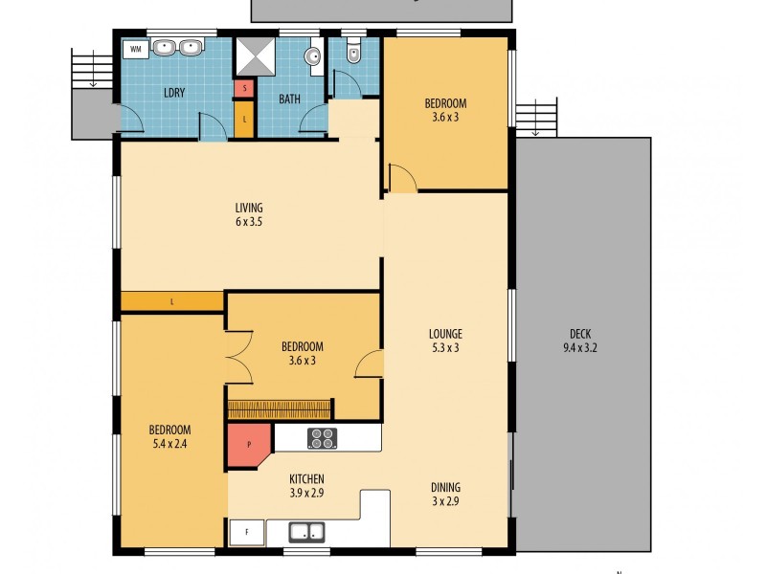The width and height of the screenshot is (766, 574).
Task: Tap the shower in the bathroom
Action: pos(256,57)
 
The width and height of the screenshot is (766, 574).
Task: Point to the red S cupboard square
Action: pos(245,89)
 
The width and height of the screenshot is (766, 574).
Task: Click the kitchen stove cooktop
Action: pos(322,438)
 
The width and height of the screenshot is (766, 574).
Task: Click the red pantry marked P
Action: pos(248,445)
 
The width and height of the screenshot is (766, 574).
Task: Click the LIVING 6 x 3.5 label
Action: pos(249,214)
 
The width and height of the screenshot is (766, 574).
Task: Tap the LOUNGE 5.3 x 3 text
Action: pos(444,341)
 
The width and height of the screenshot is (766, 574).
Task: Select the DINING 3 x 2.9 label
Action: pos(445,493)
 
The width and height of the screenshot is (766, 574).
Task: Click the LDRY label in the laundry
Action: pos(173,93)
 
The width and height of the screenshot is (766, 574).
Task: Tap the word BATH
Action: pos(289,99)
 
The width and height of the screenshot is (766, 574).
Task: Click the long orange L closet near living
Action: pos(172,301)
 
